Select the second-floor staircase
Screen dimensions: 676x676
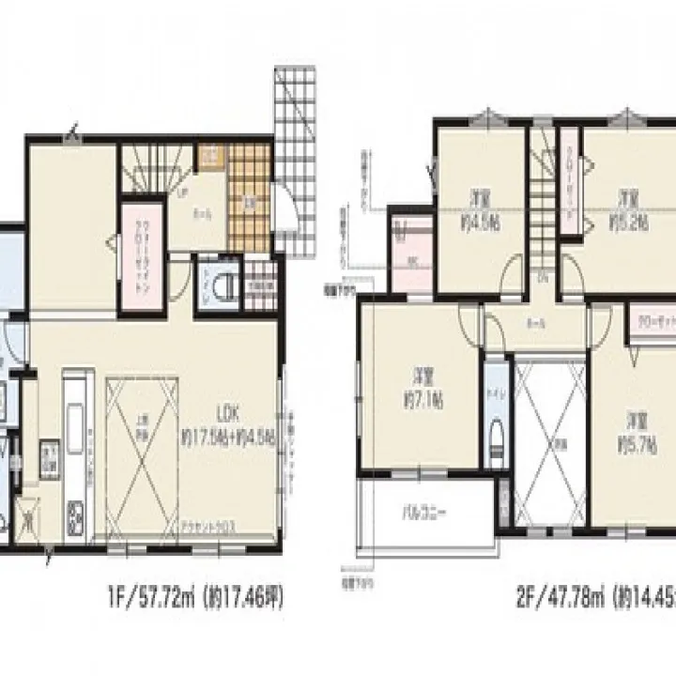pyautogui.click(x=542, y=207)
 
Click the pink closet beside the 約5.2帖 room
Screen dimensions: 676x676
pyautogui.click(x=568, y=188)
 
